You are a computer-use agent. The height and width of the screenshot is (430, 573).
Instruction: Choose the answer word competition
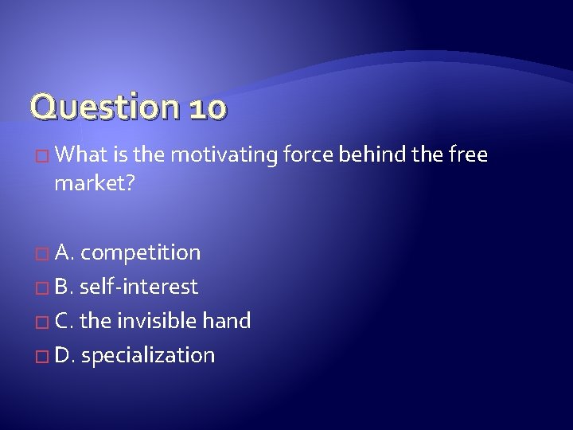tap(141, 253)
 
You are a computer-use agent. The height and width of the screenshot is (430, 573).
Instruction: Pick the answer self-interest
tap(139, 287)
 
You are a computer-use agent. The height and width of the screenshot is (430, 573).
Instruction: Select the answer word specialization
tap(148, 355)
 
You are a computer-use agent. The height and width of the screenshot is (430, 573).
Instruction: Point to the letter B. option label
tap(65, 287)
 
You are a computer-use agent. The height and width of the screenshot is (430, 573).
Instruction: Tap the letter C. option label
tap(65, 321)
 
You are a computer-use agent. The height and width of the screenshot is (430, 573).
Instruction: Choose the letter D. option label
tap(66, 355)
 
